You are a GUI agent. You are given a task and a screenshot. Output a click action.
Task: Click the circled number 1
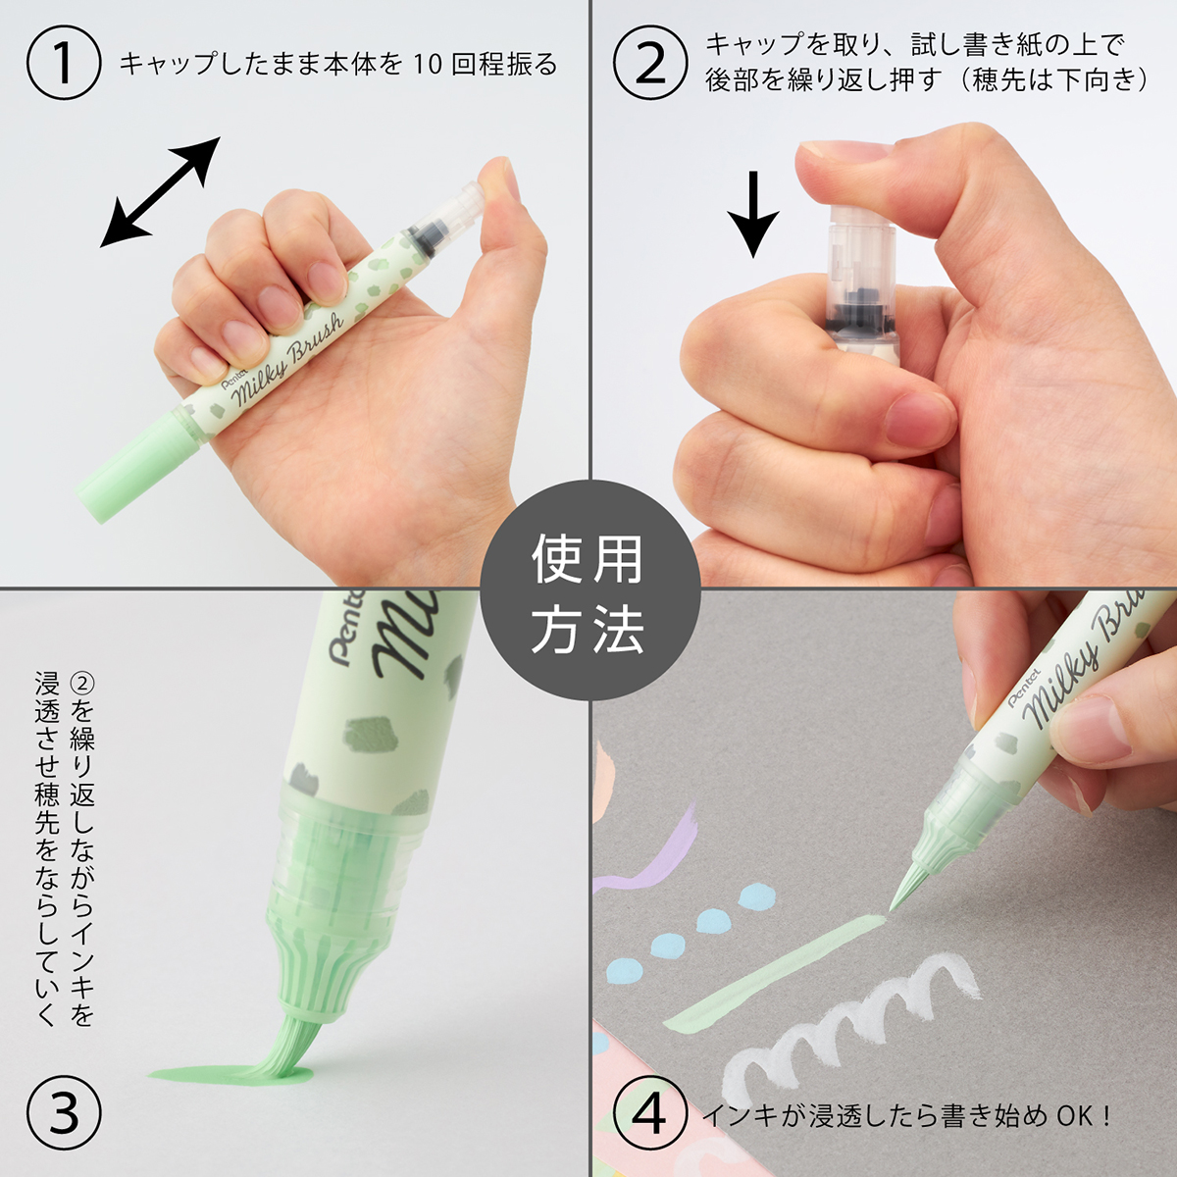(x=64, y=63)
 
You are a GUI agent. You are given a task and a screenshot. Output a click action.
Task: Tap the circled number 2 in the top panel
(x=650, y=63)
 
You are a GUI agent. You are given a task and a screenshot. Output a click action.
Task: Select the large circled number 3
(x=64, y=1114)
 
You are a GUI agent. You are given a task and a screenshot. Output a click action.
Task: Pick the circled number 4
(x=650, y=1114)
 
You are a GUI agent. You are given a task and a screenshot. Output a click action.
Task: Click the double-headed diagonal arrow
(x=160, y=191)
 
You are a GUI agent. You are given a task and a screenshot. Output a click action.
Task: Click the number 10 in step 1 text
(x=428, y=65)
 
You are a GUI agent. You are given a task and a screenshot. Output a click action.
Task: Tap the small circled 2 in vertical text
(x=82, y=684)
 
